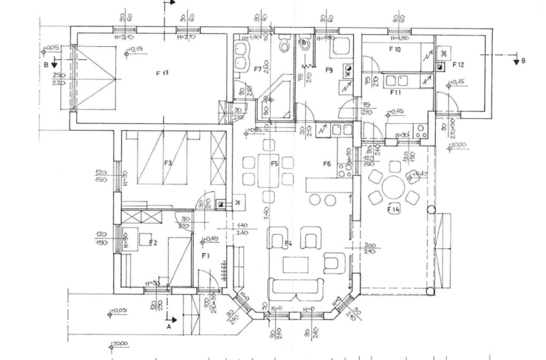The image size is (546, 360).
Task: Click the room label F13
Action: tap(162, 74)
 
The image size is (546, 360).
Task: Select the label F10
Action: tap(395, 50)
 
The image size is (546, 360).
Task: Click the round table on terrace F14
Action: tap(394, 187)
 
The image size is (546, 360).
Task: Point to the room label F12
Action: tap(458, 65)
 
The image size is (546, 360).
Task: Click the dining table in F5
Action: tap(268, 171)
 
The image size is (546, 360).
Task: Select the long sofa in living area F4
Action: tap(296, 289)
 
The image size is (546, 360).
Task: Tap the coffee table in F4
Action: tap(296, 265)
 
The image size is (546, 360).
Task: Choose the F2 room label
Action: tap(153, 243)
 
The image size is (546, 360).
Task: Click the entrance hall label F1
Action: tap(206, 256)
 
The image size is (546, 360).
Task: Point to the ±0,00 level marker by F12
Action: tap(457, 145)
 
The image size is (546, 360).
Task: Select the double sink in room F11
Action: tap(397, 81)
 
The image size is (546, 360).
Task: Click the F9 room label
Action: tap(329, 70)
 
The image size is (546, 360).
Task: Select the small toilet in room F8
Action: tap(305, 45)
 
